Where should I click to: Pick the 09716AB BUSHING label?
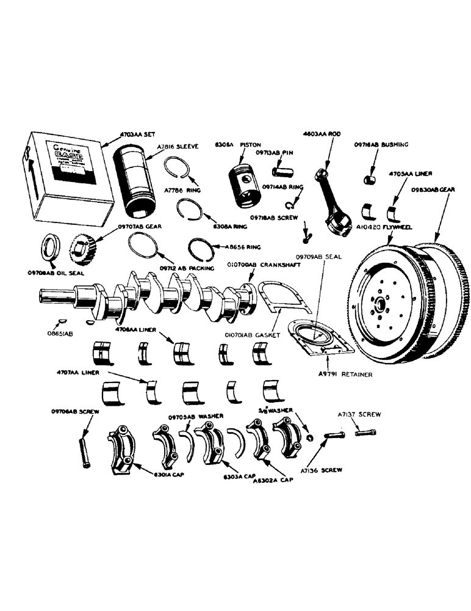pyautogui.click(x=382, y=145)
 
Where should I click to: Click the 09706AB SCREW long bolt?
pyautogui.click(x=84, y=449)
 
